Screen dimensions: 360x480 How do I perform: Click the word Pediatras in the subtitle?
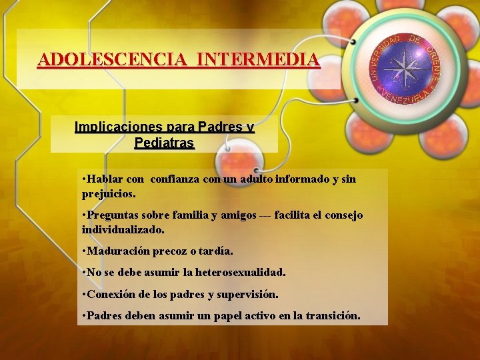[x=164, y=143]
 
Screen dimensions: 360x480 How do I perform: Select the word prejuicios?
[x=108, y=195]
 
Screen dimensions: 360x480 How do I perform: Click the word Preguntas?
[x=109, y=215]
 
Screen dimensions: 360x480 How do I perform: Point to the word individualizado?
[x=123, y=229]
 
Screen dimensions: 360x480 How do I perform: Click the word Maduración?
[x=115, y=251]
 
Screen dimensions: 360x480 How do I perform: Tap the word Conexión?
[x=109, y=293]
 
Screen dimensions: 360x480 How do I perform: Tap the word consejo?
[x=344, y=215]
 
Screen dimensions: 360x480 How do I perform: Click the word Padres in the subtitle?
[x=219, y=127]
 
